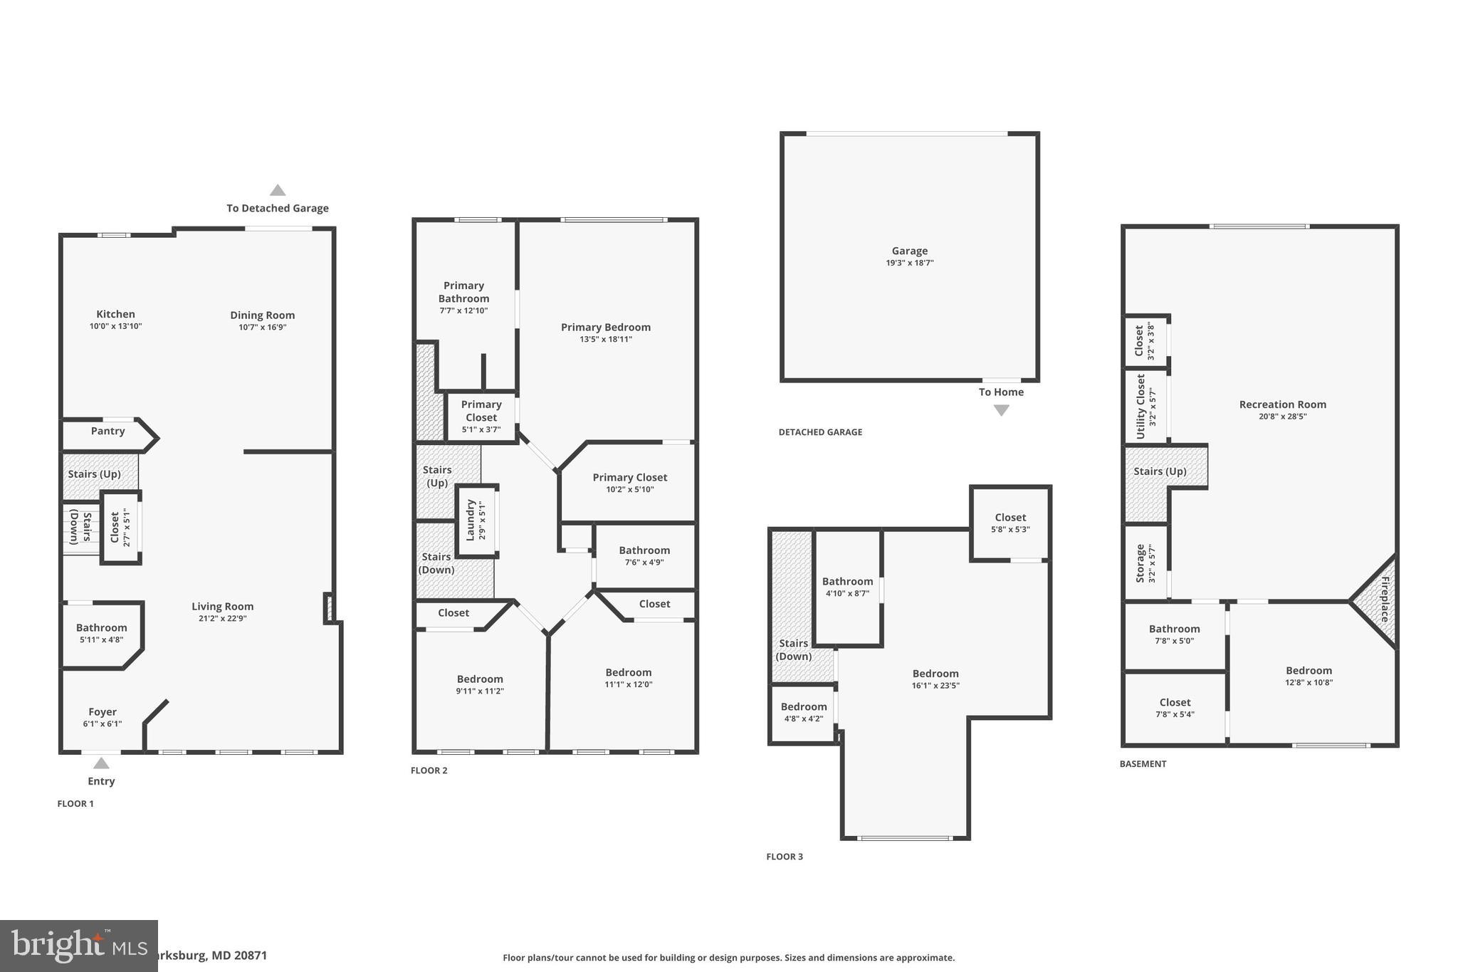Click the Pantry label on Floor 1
click(x=107, y=431)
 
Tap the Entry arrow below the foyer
click(x=101, y=763)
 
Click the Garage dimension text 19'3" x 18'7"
click(x=909, y=263)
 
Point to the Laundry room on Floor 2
click(x=476, y=520)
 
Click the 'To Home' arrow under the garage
click(x=1001, y=410)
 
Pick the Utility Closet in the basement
click(x=1145, y=407)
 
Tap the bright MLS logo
click(x=78, y=946)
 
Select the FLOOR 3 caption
click(x=784, y=857)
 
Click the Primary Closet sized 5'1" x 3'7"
click(x=481, y=417)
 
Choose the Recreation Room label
click(x=1282, y=404)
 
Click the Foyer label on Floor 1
click(x=103, y=712)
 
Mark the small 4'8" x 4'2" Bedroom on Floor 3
click(x=803, y=712)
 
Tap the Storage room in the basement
click(x=1145, y=563)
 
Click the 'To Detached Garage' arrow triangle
click(x=278, y=190)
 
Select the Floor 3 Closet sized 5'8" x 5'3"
click(x=1010, y=523)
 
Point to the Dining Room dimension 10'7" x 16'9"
click(x=262, y=328)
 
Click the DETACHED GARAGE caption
click(x=820, y=432)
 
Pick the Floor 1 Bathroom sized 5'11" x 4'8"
click(x=102, y=633)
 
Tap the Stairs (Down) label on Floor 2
click(x=436, y=563)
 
